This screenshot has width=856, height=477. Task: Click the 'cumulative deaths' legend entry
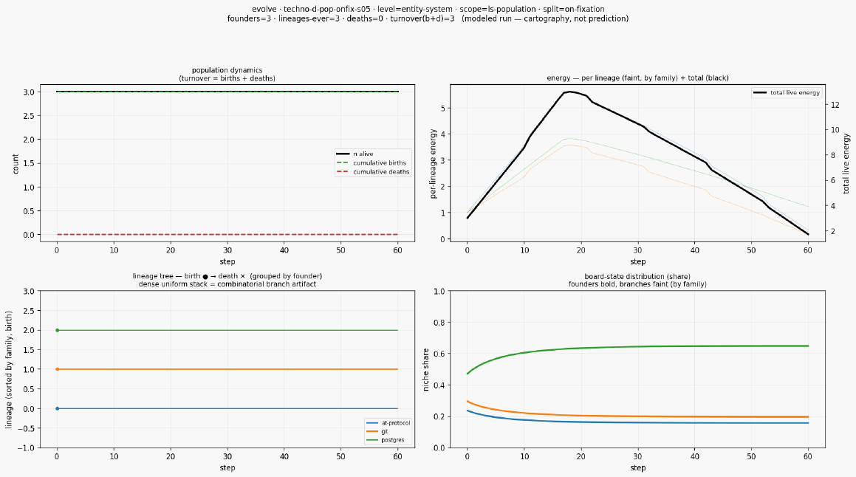(x=373, y=172)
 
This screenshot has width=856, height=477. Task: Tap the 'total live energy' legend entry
(x=786, y=93)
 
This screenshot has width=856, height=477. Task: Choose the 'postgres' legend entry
(x=384, y=440)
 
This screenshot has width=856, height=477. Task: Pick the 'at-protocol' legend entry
(x=388, y=423)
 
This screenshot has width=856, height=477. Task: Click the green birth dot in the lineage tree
(x=58, y=330)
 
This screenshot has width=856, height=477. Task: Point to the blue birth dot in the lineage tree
(x=58, y=409)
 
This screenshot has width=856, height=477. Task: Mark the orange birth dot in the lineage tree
(x=58, y=369)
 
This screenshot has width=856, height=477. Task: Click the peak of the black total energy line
(x=569, y=92)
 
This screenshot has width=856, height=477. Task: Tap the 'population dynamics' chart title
(x=227, y=70)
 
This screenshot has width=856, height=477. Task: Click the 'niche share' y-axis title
(x=426, y=369)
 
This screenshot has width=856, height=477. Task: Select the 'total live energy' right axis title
(x=846, y=162)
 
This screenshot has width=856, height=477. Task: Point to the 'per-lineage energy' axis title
(x=434, y=164)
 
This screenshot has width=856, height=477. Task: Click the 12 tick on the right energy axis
(x=835, y=105)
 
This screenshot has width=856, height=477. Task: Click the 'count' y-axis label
(x=16, y=164)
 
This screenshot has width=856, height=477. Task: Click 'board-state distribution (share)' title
(x=637, y=276)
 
